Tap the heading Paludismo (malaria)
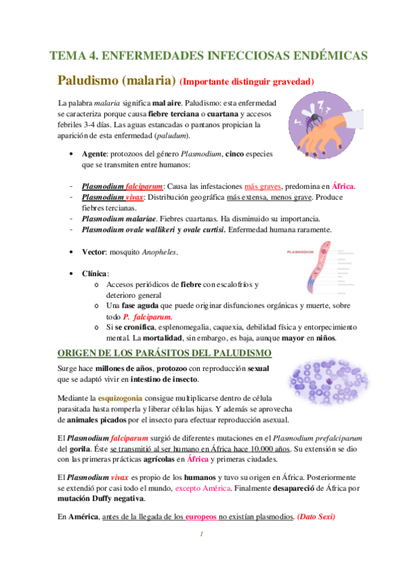point(116,80)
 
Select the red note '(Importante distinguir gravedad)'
point(247,81)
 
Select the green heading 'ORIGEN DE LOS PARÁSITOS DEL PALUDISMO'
point(163,353)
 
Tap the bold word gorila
point(75,449)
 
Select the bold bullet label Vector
point(94,252)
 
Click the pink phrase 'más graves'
point(264,186)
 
